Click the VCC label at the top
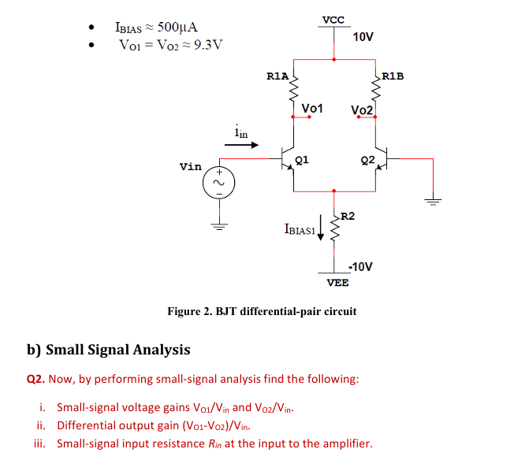pyautogui.click(x=333, y=19)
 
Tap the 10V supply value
pyautogui.click(x=363, y=37)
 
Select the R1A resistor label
pyautogui.click(x=277, y=76)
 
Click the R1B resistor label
pyautogui.click(x=392, y=76)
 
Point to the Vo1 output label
pyautogui.click(x=312, y=107)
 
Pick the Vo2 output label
pyautogui.click(x=361, y=109)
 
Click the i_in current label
pyautogui.click(x=240, y=134)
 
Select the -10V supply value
pyautogui.click(x=359, y=266)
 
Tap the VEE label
pyautogui.click(x=337, y=282)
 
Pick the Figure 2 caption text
pyautogui.click(x=262, y=311)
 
